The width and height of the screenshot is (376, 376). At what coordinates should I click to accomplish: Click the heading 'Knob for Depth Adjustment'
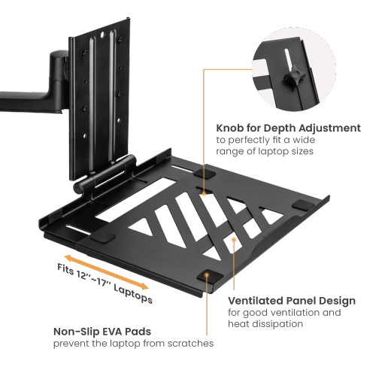pyautogui.click(x=288, y=128)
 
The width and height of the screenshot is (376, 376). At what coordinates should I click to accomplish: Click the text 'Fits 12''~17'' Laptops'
pyautogui.click(x=105, y=284)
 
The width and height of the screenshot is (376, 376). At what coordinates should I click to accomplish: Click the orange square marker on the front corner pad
pyautogui.click(x=207, y=276)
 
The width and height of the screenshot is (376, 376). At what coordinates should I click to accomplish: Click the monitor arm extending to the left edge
pyautogui.click(x=30, y=94)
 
